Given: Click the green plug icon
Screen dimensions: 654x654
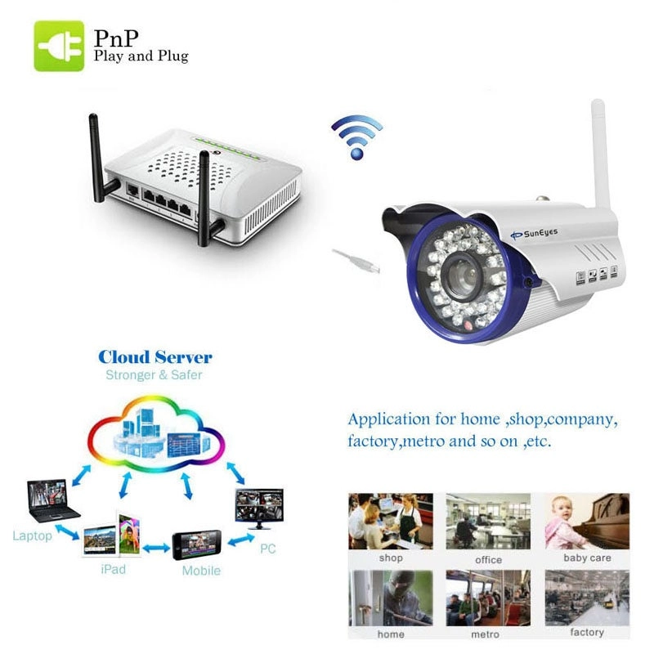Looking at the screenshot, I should [x=58, y=47].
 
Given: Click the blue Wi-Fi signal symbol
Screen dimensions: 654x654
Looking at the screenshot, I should [x=356, y=136].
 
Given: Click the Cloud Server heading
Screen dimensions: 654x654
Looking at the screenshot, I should [x=155, y=356].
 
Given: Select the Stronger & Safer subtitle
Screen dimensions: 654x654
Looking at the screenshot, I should [x=154, y=375].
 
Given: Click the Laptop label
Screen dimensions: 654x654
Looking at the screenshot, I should [x=32, y=536].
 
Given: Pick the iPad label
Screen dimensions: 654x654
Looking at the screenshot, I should [x=113, y=569].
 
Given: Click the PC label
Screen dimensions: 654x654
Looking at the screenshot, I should [x=267, y=549].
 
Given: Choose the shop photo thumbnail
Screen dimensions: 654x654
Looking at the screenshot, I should [x=390, y=521].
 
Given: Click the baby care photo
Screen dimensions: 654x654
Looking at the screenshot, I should [x=587, y=521].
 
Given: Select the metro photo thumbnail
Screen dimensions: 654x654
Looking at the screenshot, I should [x=489, y=598].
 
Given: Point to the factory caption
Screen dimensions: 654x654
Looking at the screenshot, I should [x=587, y=633].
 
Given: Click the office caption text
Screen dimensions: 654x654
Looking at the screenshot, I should [x=488, y=560].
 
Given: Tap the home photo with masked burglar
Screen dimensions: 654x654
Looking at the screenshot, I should [x=390, y=598].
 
